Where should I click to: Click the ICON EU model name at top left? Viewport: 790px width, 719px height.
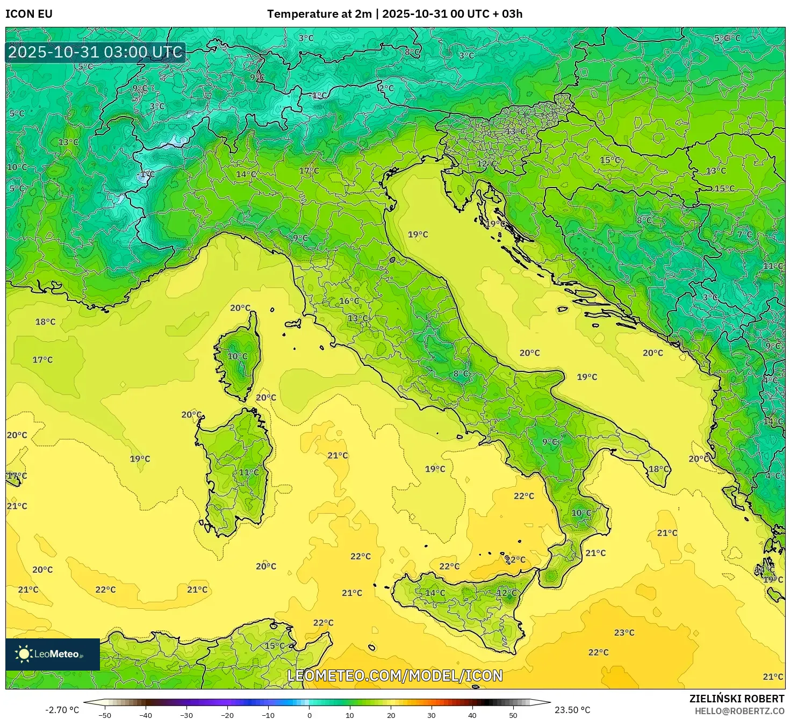click(29, 14)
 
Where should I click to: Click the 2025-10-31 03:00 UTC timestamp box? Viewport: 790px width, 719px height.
click(96, 52)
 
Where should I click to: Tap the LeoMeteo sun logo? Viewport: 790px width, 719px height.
click(24, 654)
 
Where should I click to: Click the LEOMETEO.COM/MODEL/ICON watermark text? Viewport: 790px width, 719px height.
click(395, 675)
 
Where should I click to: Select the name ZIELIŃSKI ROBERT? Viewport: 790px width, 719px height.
click(736, 699)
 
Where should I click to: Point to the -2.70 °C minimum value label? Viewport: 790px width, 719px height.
click(62, 710)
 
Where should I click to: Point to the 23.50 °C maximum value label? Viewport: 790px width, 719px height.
click(572, 710)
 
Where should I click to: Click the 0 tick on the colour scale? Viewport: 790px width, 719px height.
click(309, 715)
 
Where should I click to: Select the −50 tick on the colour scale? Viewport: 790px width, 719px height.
click(105, 715)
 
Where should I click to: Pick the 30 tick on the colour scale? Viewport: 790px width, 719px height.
click(432, 715)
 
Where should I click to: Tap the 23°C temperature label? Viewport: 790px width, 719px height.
click(624, 632)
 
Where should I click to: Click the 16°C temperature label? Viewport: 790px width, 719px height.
click(349, 301)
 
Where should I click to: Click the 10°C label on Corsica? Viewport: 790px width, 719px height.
click(238, 356)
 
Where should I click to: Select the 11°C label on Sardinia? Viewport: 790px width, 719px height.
click(249, 472)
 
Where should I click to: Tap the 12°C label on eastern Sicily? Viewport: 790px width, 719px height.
click(507, 593)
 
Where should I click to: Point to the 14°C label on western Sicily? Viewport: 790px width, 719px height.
click(435, 593)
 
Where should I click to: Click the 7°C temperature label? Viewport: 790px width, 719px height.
click(744, 234)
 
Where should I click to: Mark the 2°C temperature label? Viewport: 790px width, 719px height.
click(386, 88)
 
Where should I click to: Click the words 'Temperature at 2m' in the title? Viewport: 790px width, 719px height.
click(319, 14)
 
